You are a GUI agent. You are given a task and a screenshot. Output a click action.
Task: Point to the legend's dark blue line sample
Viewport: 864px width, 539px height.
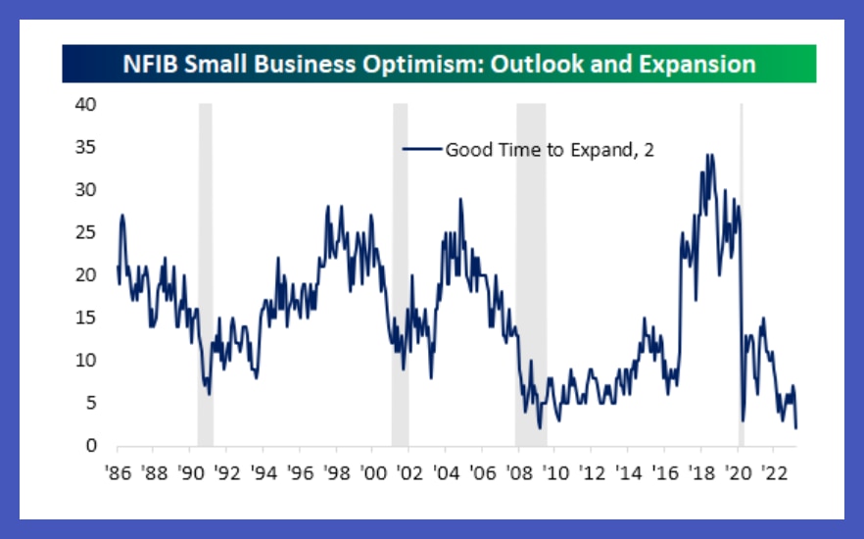tap(422, 150)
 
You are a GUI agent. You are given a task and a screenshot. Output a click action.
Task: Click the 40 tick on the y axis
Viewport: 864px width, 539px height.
tap(86, 104)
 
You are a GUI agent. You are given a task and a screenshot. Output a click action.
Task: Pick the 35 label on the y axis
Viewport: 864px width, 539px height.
tap(86, 147)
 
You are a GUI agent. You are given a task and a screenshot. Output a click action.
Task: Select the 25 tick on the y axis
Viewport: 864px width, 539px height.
tap(86, 232)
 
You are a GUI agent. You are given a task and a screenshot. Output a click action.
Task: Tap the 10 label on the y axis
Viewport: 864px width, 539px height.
tap(86, 361)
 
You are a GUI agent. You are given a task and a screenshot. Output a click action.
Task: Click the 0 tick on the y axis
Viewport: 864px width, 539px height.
tap(91, 446)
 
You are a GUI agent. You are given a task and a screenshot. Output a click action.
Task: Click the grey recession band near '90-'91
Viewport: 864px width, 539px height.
tap(206, 274)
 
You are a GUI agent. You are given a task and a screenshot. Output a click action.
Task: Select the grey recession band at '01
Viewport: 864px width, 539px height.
tap(400, 274)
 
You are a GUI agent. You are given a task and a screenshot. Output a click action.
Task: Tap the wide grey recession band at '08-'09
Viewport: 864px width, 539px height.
tap(531, 274)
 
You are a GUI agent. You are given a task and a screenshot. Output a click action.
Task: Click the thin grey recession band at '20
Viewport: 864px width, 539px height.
tap(742, 274)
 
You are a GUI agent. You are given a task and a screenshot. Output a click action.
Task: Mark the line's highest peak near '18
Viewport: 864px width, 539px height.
tap(709, 155)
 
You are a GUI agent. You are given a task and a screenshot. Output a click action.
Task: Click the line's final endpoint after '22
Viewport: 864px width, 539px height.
tap(796, 427)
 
